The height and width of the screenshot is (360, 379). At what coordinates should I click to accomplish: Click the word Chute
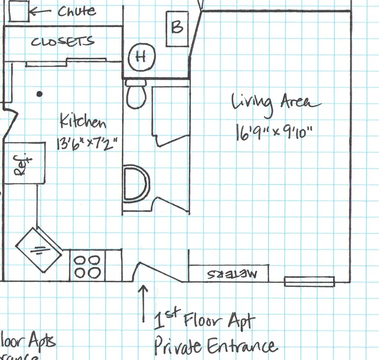pyautogui.click(x=77, y=11)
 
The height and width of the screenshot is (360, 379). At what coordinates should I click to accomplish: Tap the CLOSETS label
pyautogui.click(x=62, y=42)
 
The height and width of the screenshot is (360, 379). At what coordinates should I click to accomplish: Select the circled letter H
pyautogui.click(x=141, y=57)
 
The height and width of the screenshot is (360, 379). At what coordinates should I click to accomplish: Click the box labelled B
pyautogui.click(x=177, y=27)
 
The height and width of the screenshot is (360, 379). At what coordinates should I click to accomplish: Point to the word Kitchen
pyautogui.click(x=83, y=121)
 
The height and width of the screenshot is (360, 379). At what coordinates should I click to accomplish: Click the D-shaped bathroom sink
pyautogui.click(x=136, y=183)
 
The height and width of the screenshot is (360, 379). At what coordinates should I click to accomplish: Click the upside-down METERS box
pyautogui.click(x=228, y=273)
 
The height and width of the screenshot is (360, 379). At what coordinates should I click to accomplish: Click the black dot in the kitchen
pyautogui.click(x=40, y=94)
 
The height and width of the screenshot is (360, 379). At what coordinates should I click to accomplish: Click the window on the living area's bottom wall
pyautogui.click(x=309, y=281)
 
